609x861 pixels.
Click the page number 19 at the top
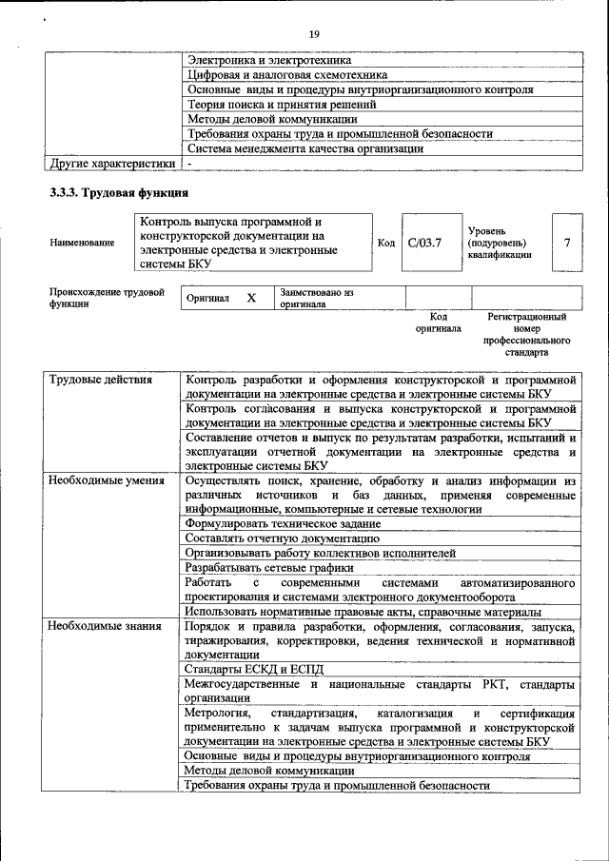[313, 34]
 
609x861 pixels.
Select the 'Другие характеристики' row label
[113, 164]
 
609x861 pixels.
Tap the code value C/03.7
[424, 243]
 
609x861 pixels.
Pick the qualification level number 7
[567, 243]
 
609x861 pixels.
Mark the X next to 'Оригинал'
[251, 298]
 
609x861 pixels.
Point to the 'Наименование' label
[82, 243]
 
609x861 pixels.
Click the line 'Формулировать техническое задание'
[283, 523]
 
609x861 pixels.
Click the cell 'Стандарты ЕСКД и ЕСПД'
[254, 670]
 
